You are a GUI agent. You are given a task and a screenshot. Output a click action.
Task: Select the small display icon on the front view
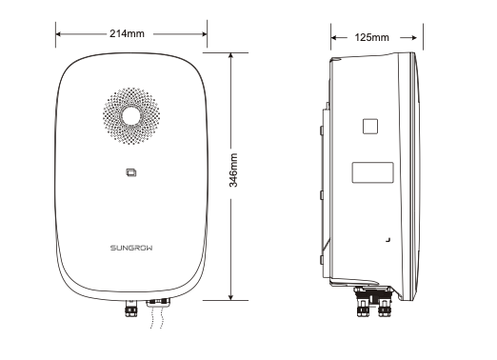(x=130, y=172)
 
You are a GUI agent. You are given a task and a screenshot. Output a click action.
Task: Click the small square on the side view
(x=369, y=126)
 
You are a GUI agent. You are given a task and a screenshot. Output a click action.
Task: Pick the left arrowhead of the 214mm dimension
(x=59, y=35)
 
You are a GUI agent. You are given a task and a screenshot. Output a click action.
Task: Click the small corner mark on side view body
(x=387, y=234)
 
